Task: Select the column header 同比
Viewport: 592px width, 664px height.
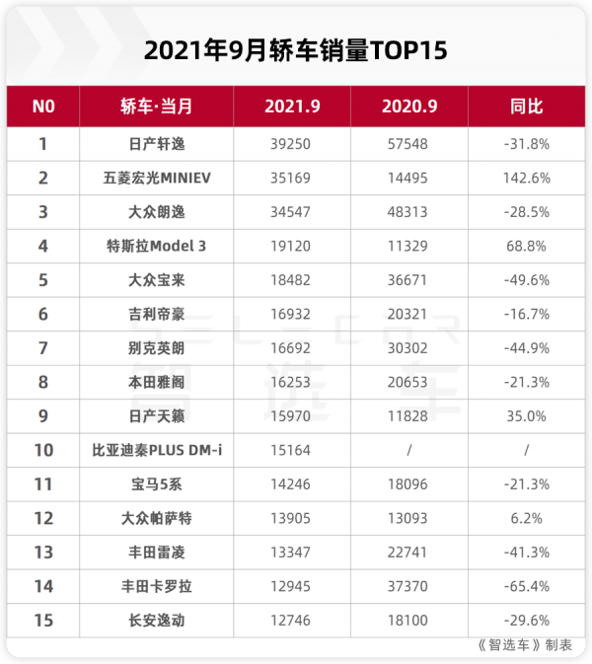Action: point(526,107)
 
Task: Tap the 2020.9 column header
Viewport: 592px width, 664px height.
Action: point(408,107)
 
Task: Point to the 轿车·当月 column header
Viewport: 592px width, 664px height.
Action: point(157,107)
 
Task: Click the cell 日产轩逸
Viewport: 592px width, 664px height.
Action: point(157,144)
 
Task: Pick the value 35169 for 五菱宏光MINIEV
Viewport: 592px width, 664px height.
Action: point(289,178)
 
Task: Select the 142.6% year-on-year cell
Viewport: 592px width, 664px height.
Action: point(526,178)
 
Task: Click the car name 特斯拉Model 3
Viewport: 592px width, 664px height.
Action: point(157,246)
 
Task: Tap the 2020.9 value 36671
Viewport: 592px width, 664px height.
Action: point(408,279)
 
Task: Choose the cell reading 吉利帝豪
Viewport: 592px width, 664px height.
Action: point(157,314)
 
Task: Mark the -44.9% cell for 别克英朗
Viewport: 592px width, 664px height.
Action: point(526,347)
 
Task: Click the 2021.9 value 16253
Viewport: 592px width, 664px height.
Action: point(289,382)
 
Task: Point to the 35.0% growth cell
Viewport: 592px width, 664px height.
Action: point(526,415)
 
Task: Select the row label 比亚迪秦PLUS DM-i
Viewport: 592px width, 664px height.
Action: point(157,450)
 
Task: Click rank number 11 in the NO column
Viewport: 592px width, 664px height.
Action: point(42,483)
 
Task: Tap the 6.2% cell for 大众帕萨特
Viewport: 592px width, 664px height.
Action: point(526,518)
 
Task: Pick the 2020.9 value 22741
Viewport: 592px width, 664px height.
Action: point(408,552)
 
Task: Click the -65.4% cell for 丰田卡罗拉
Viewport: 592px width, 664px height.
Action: point(526,586)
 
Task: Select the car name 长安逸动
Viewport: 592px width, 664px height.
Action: point(157,620)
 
